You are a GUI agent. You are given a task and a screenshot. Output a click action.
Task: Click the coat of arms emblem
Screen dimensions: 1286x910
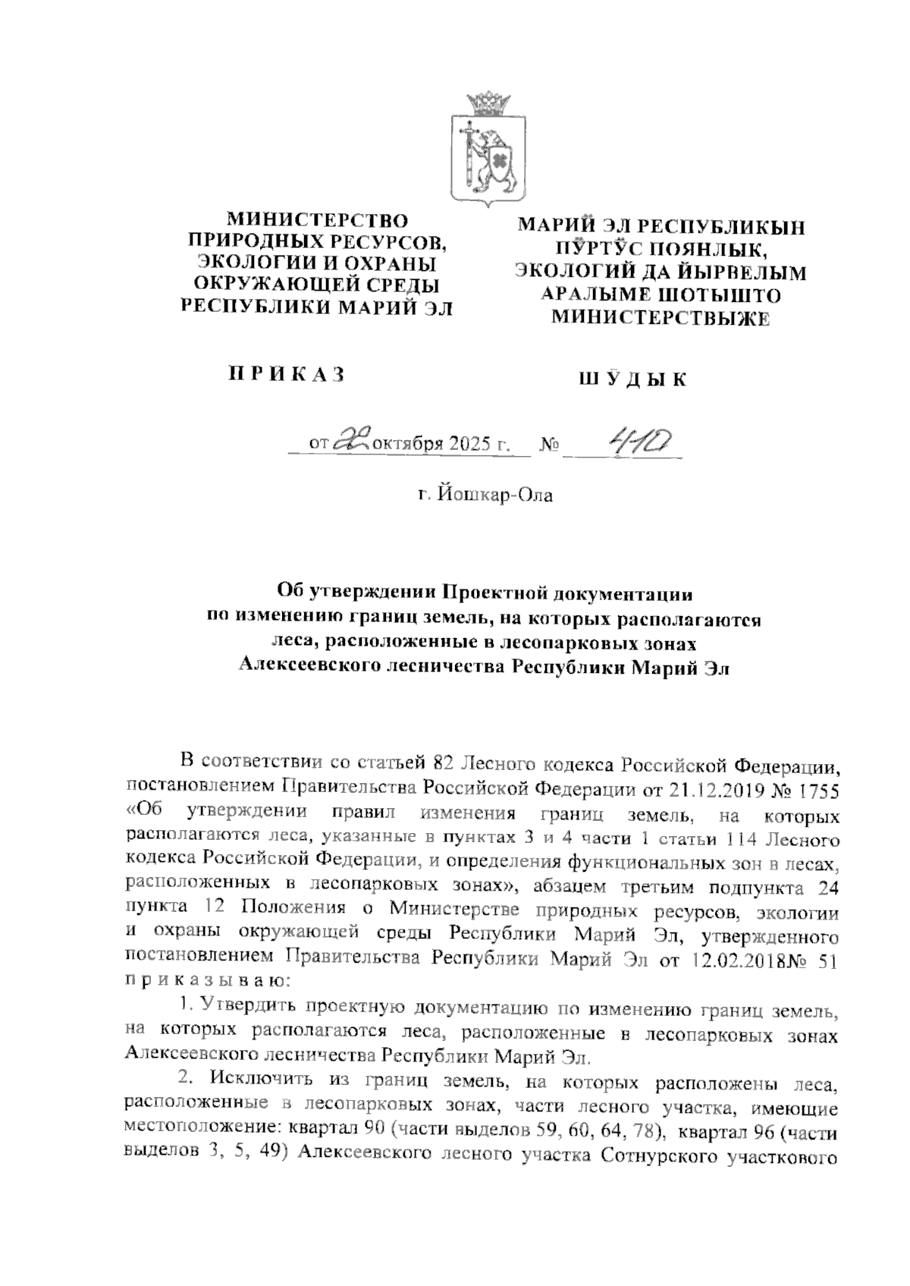(x=488, y=150)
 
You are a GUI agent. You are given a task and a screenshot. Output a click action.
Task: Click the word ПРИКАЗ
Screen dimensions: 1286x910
(x=287, y=374)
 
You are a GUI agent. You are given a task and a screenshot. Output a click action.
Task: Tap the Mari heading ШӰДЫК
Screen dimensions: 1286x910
(x=632, y=379)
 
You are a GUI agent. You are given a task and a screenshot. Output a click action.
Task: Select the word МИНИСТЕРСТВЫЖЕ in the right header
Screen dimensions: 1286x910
(x=660, y=319)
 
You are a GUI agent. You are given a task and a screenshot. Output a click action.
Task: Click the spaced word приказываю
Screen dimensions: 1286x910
(x=204, y=982)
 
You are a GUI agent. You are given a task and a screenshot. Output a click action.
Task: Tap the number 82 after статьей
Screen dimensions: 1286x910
(x=443, y=762)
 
